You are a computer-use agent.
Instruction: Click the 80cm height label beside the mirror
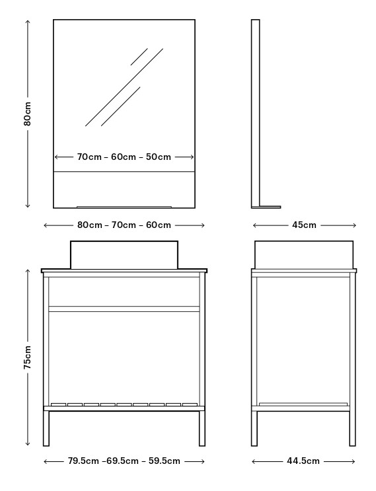click(28, 114)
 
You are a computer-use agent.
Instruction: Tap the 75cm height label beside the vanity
click(28, 358)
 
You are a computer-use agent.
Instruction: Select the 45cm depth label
click(304, 225)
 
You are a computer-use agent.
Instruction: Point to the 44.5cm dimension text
click(303, 461)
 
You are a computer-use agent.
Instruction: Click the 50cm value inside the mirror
click(159, 157)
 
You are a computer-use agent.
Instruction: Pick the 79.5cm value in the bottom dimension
click(83, 461)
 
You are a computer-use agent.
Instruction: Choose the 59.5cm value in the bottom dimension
click(165, 461)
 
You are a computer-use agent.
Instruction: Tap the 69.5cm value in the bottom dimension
click(122, 461)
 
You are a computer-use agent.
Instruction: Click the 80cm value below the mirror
click(90, 225)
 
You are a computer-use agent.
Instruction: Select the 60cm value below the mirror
click(159, 225)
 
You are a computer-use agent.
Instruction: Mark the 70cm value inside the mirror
click(89, 157)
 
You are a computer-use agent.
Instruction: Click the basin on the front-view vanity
click(124, 254)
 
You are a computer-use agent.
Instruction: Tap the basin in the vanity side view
click(304, 254)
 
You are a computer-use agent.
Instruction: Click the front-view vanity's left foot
click(46, 428)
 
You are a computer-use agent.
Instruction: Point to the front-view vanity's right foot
click(202, 428)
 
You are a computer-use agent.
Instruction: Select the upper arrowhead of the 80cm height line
click(28, 22)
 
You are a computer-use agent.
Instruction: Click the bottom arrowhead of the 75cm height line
click(28, 443)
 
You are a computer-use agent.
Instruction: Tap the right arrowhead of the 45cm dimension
click(354, 225)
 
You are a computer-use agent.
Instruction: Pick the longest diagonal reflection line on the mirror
click(124, 87)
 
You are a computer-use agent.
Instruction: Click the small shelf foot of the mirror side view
click(270, 207)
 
